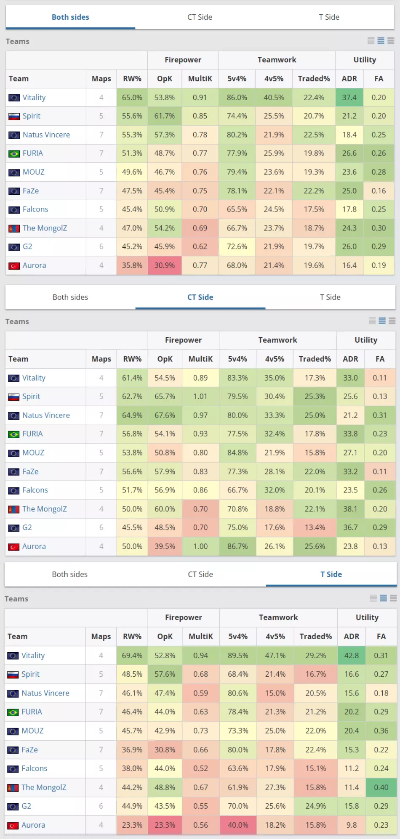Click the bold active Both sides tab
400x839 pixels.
70,17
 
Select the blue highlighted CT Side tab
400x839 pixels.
200,297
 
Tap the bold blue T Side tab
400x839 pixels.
331,574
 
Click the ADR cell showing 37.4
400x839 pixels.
349,98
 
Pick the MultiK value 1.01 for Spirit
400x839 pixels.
200,397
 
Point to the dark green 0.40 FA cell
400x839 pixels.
381,787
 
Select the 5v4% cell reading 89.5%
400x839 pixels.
238,656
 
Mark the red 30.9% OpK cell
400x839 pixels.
164,265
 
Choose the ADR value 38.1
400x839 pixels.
350,509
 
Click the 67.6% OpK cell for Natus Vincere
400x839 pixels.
165,416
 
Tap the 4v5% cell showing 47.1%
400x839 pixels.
275,656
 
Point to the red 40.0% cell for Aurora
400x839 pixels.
238,825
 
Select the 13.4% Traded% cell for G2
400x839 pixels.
315,528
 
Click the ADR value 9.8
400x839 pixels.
352,825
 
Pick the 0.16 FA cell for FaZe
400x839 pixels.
379,191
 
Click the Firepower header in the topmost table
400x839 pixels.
183,60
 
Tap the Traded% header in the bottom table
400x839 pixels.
315,637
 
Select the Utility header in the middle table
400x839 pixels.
365,340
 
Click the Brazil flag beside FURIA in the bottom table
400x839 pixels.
13,712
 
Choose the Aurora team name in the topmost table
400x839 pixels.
35,265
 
